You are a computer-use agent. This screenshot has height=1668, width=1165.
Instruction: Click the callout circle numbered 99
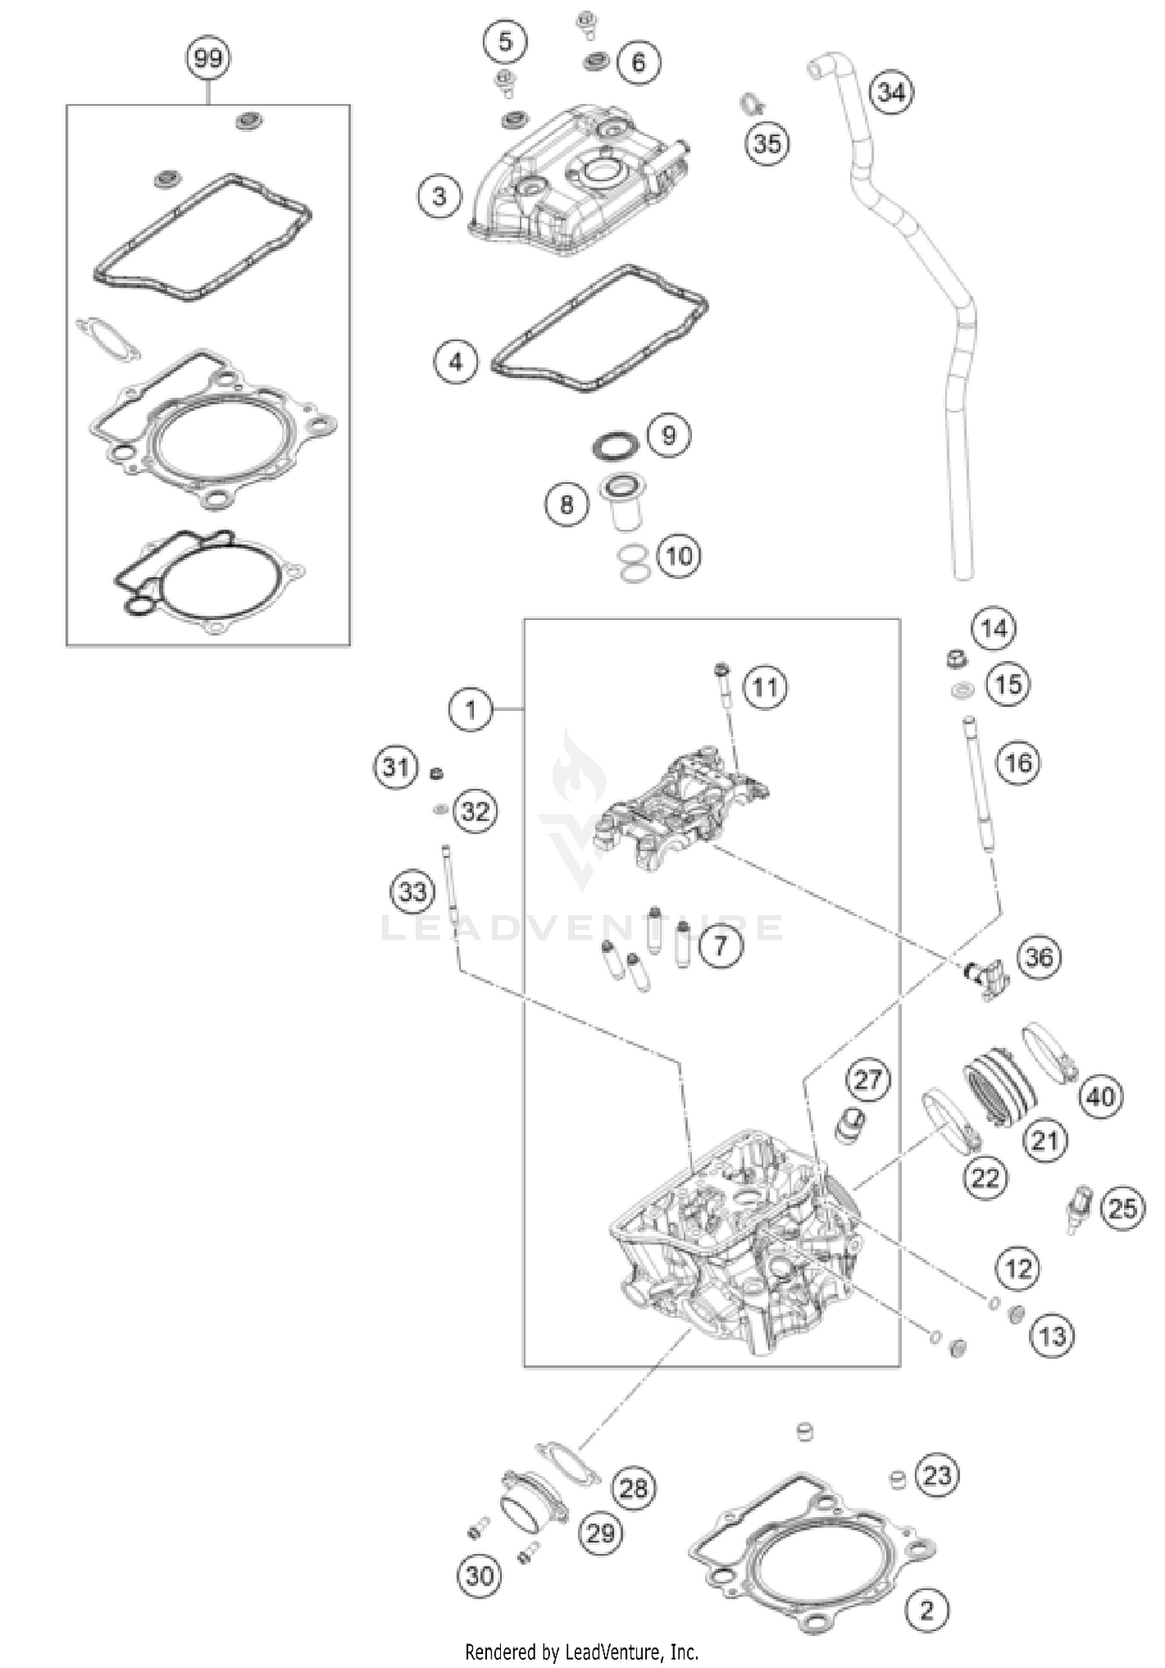[208, 58]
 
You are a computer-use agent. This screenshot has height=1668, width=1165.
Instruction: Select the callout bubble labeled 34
[891, 92]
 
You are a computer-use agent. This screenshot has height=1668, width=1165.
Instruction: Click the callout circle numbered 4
[455, 361]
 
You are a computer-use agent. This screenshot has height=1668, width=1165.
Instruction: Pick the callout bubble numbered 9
[669, 435]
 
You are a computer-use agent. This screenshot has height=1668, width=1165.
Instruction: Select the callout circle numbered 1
[471, 709]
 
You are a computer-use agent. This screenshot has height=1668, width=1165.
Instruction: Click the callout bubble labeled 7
[721, 945]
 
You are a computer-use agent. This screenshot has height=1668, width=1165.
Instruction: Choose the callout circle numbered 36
[1038, 957]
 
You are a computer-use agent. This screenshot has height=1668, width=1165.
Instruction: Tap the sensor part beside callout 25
[1080, 1209]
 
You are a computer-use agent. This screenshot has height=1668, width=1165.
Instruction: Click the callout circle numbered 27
[868, 1079]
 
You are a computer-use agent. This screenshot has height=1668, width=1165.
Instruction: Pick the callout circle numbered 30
[479, 1576]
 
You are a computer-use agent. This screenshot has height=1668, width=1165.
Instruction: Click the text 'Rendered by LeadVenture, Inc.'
[582, 1652]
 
